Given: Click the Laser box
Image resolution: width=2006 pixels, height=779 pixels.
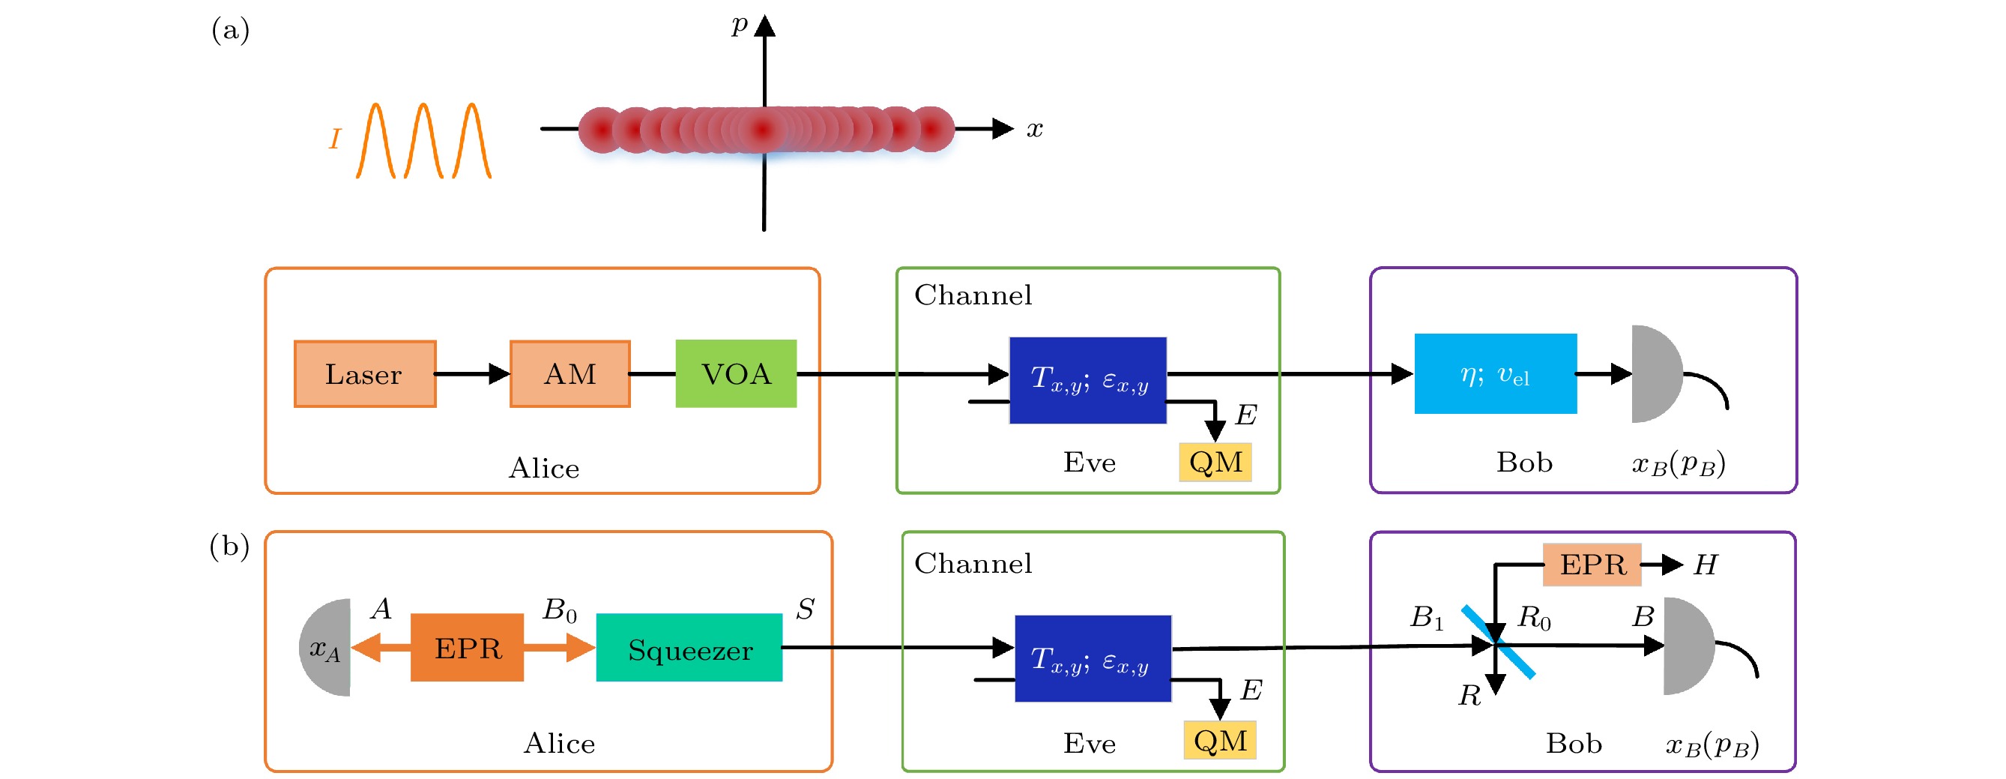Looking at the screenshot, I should (x=364, y=375).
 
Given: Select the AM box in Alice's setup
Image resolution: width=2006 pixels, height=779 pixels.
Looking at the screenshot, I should (x=570, y=375).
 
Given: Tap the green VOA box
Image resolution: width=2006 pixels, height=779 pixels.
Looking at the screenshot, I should (x=736, y=374).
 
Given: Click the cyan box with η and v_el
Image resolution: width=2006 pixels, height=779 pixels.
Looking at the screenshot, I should (x=1495, y=374).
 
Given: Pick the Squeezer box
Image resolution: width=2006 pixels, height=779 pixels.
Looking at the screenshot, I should (x=689, y=648).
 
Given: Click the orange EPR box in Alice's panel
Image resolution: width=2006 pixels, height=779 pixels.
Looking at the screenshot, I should (x=468, y=648).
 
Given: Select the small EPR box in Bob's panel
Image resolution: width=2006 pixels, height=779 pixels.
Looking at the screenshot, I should (x=1592, y=565).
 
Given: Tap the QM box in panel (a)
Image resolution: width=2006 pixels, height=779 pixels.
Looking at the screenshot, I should (x=1215, y=463).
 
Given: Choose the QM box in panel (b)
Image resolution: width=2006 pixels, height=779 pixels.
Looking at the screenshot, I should (x=1219, y=741).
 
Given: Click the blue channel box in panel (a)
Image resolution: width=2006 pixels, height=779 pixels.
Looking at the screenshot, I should (x=1088, y=380).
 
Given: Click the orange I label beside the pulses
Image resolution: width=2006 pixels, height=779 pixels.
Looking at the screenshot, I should (x=335, y=139).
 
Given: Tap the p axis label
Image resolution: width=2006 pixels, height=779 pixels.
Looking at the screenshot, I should (x=739, y=25).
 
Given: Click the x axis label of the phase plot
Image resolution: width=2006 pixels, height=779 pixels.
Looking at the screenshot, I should (x=1034, y=128).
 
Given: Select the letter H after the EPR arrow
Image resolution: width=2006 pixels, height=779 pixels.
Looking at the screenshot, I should (x=1706, y=565).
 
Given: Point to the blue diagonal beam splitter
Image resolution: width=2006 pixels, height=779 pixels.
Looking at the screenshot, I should (x=1498, y=643).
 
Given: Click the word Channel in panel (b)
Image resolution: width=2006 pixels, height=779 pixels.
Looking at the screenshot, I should (x=973, y=564).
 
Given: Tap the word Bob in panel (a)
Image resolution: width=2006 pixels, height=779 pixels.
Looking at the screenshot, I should (x=1524, y=463).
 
